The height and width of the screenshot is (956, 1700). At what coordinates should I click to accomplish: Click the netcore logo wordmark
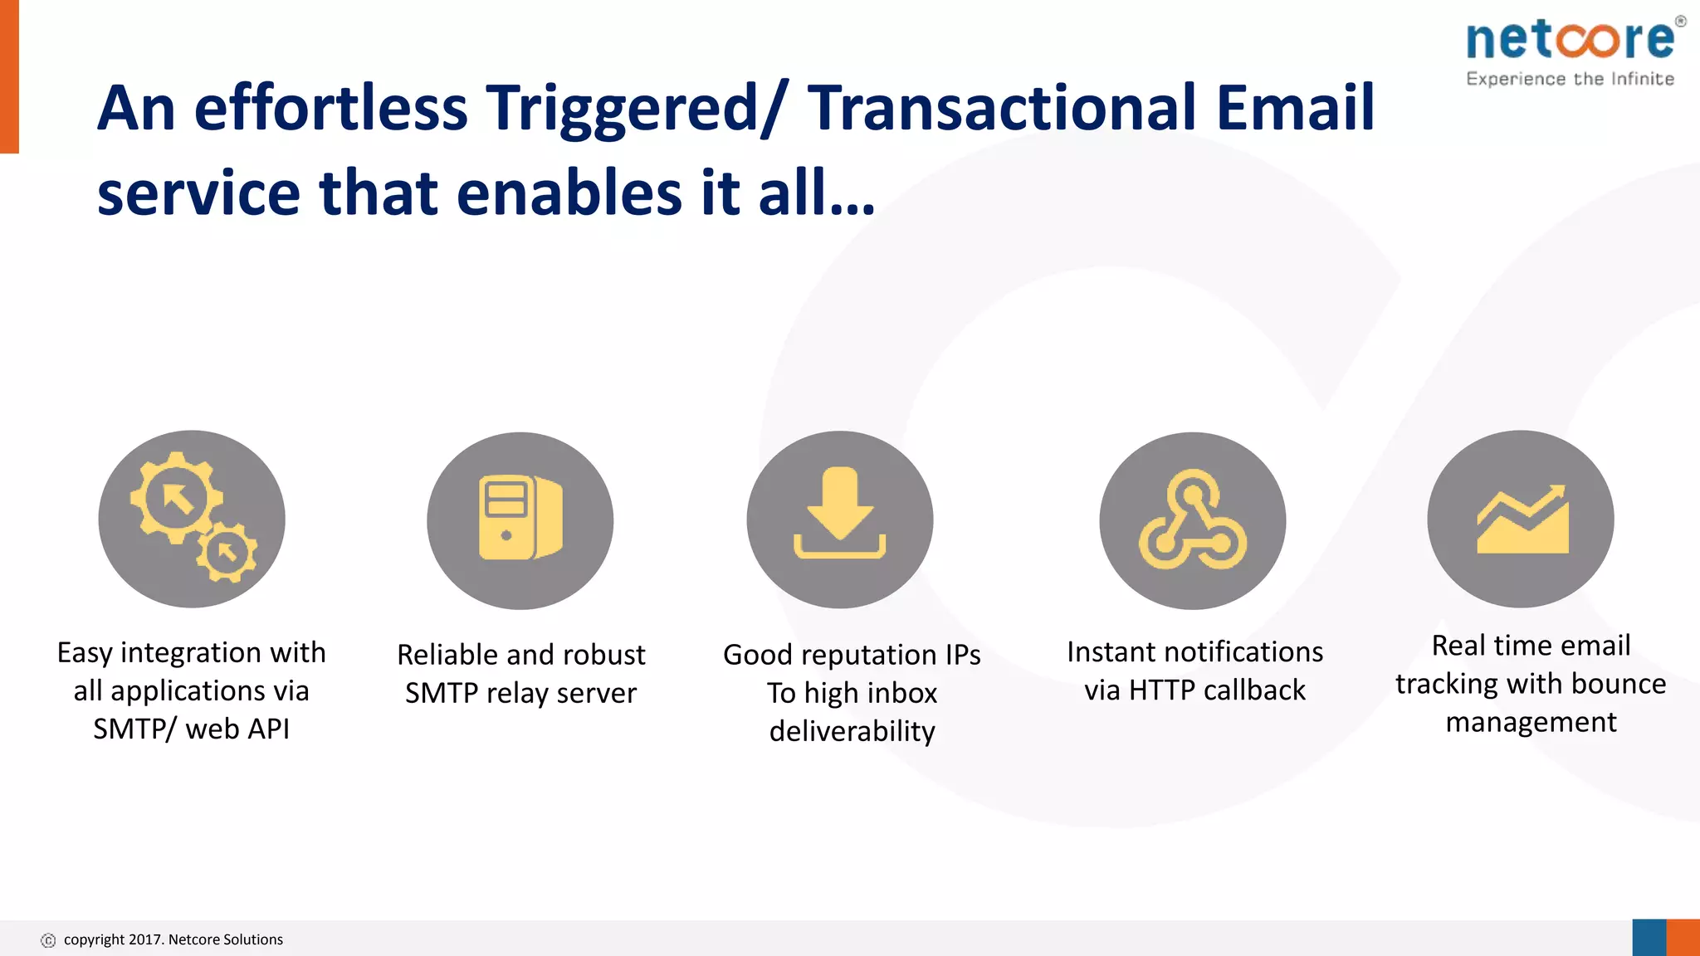click(x=1571, y=40)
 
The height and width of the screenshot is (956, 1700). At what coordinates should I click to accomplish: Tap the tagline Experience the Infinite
click(x=1570, y=79)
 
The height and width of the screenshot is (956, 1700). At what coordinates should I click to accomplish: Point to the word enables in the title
click(x=569, y=193)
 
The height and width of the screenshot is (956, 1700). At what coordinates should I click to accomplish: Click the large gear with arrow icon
click(x=176, y=498)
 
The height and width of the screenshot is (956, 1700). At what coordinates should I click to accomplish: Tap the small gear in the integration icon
click(x=227, y=552)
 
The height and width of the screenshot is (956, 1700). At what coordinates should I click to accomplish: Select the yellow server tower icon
click(x=520, y=518)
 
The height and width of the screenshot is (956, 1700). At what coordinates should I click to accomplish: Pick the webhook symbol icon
click(x=1192, y=520)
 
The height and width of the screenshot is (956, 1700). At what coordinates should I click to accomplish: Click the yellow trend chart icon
click(x=1522, y=520)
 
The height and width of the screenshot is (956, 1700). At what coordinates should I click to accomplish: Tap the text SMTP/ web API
click(x=191, y=729)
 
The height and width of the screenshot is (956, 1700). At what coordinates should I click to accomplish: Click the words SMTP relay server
click(x=520, y=693)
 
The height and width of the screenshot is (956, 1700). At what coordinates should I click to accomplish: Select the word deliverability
click(x=852, y=731)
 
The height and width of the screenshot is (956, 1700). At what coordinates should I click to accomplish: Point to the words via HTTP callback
click(x=1194, y=690)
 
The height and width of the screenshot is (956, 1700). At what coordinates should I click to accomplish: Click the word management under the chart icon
click(x=1531, y=722)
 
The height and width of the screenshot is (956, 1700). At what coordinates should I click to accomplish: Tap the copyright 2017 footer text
click(x=173, y=939)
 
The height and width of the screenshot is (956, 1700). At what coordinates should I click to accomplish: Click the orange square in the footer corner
click(x=1683, y=938)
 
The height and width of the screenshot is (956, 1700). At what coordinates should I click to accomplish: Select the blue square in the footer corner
click(x=1649, y=938)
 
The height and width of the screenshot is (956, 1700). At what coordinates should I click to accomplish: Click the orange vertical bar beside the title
click(x=9, y=76)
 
